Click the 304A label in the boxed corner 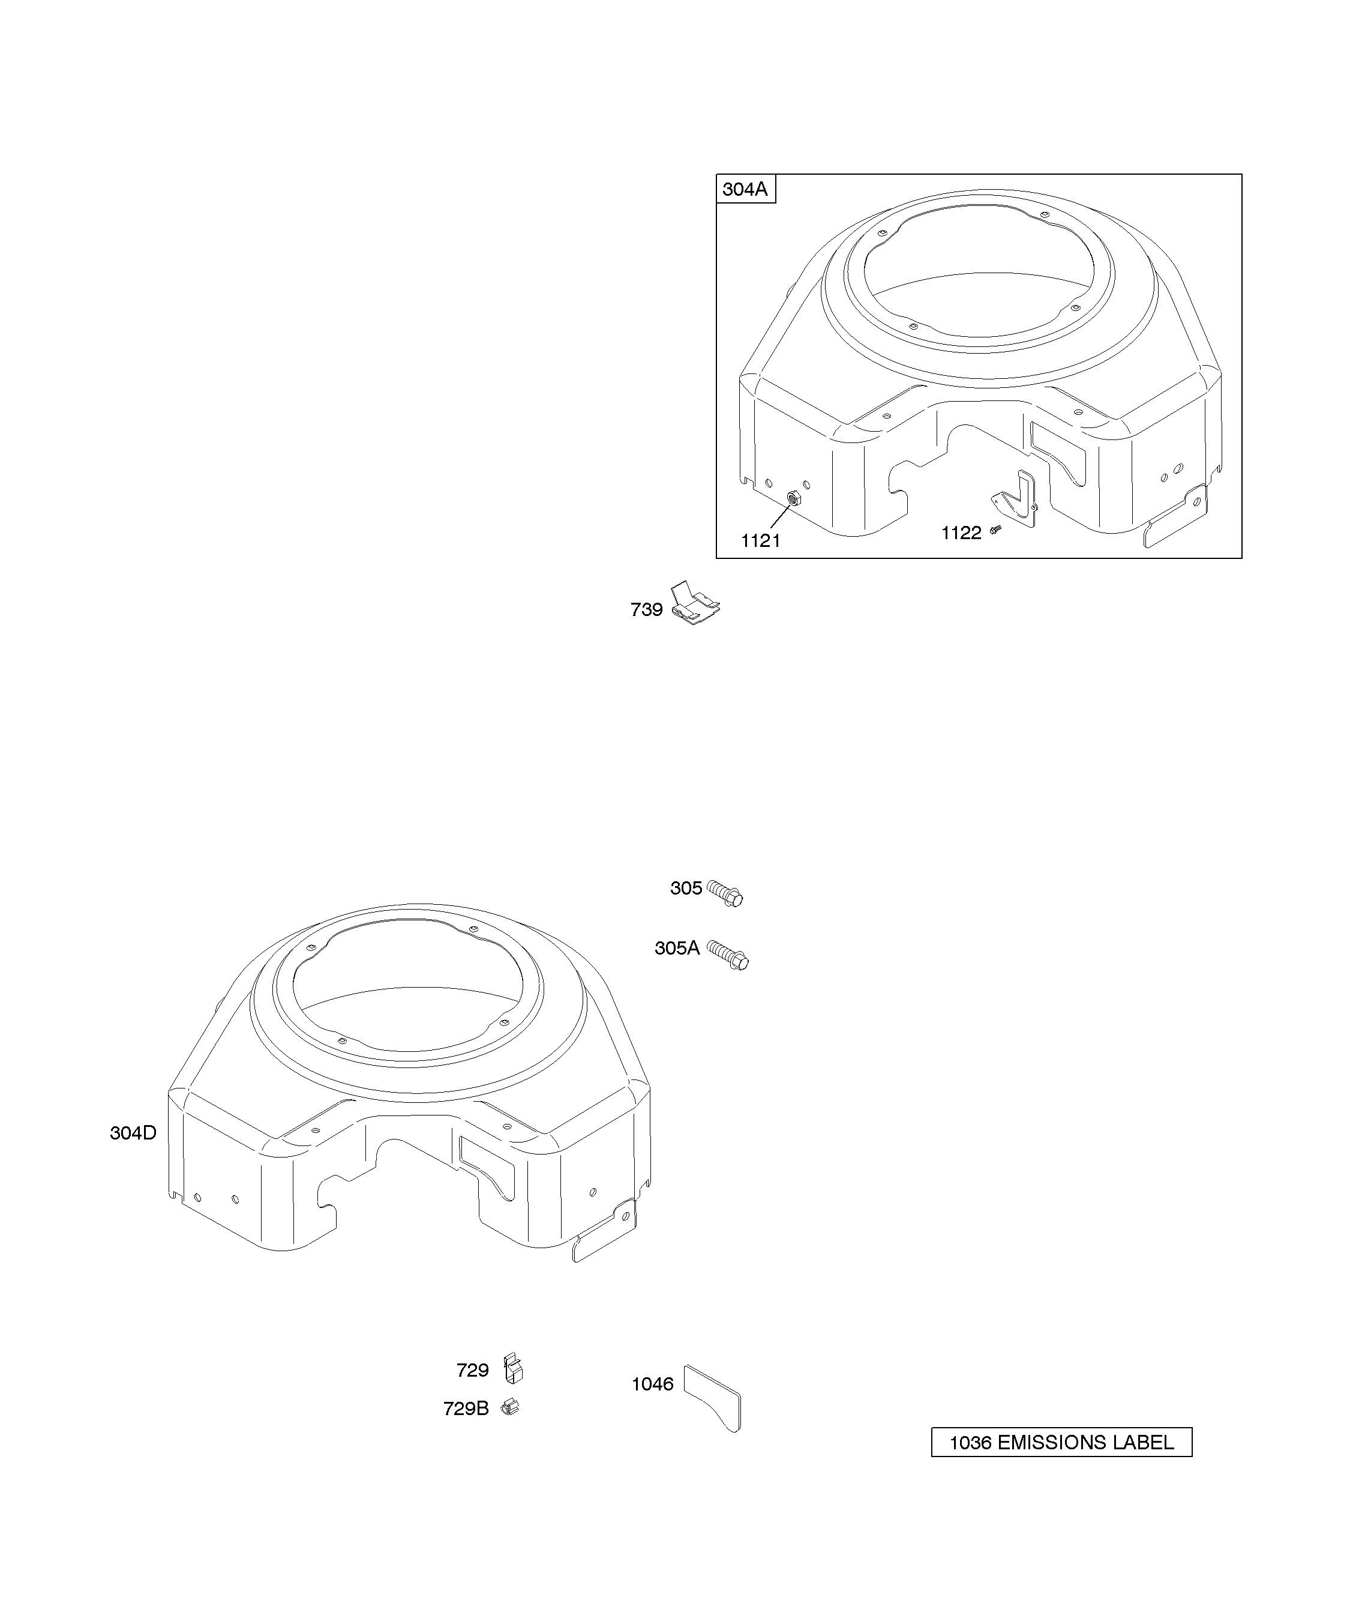tap(745, 189)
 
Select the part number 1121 tap(761, 541)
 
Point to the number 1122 tap(961, 533)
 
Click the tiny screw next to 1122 tap(995, 530)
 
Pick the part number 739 tap(646, 610)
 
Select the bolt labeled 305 tap(725, 893)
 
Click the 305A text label tap(677, 948)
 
